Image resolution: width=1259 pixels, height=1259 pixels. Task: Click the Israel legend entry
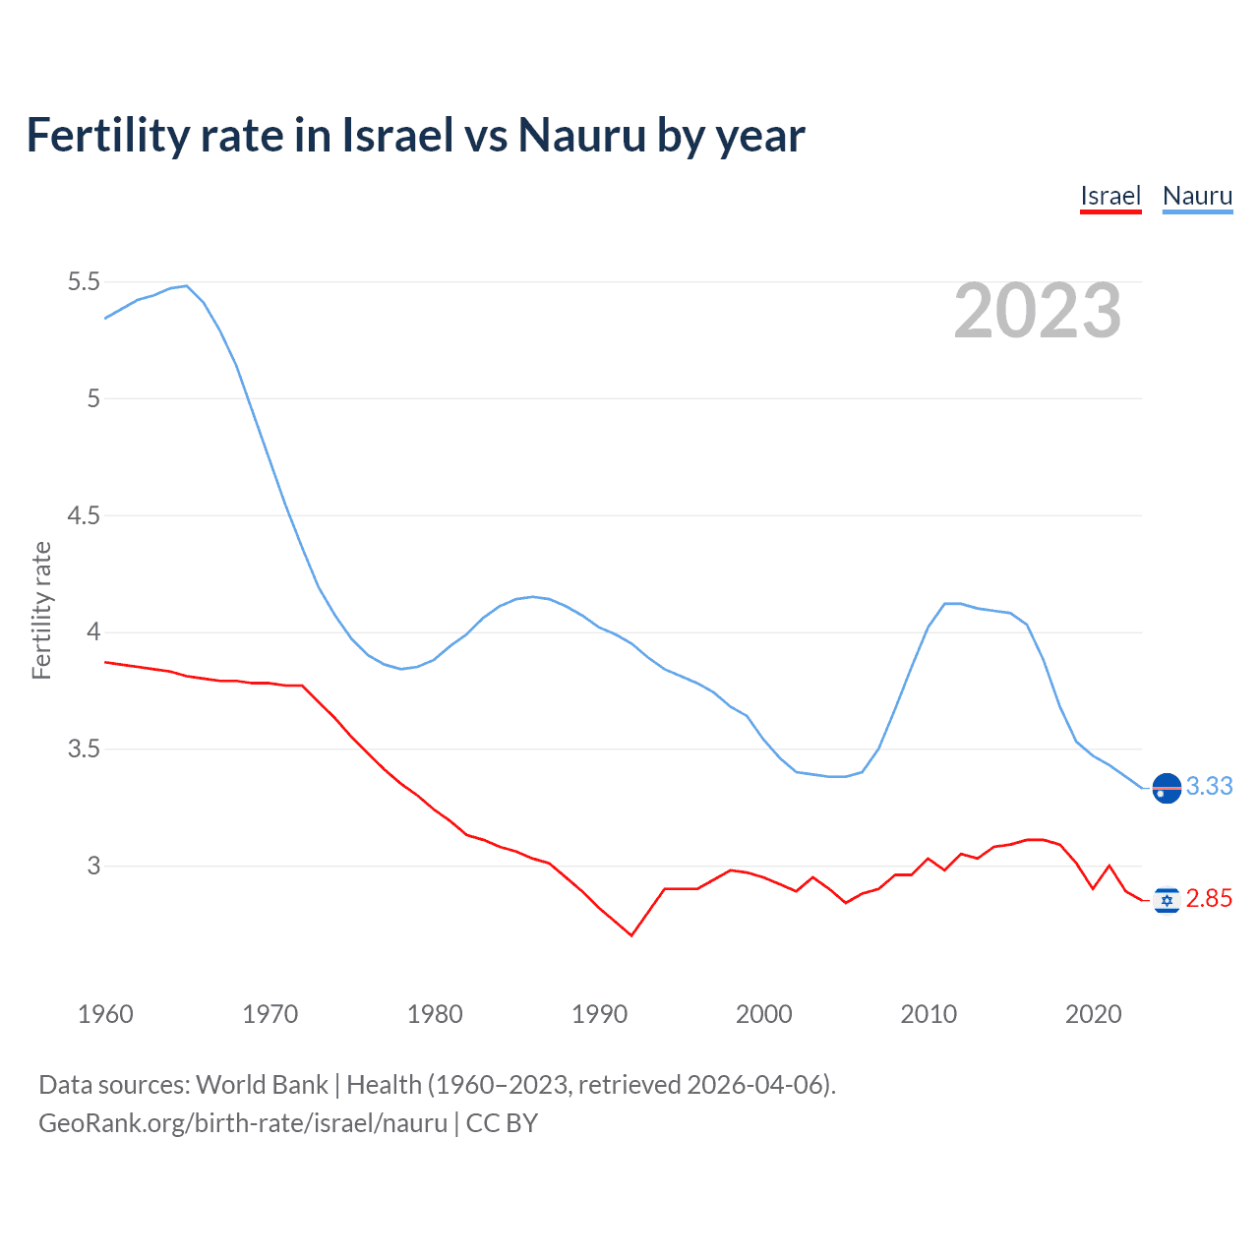1109,196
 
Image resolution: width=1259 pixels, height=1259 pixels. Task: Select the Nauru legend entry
1197,196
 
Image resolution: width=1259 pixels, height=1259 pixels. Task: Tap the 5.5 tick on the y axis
84,282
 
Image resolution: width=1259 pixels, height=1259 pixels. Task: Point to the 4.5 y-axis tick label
84,515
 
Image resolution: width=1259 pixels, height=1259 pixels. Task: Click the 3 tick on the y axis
93,867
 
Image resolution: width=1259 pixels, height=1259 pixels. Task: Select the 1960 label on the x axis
105,1014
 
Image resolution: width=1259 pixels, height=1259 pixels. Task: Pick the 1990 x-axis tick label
599,1014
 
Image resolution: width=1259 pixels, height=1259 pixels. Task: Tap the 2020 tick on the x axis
1093,1014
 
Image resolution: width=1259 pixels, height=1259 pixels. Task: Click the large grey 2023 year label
1037,311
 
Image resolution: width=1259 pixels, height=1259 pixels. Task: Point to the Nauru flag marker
1167,788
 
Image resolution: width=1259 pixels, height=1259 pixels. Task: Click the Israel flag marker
1167,899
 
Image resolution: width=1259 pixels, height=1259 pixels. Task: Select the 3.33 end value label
1209,787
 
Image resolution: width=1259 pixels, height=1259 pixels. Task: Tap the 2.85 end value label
1209,899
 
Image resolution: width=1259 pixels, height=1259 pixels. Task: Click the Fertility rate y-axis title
41,610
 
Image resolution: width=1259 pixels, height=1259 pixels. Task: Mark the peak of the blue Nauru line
186,286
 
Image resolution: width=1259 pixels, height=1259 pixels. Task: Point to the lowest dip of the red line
631,935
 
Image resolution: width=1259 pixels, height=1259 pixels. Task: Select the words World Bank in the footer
262,1085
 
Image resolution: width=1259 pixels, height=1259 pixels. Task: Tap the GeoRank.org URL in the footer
242,1123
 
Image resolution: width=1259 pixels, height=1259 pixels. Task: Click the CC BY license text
502,1123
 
